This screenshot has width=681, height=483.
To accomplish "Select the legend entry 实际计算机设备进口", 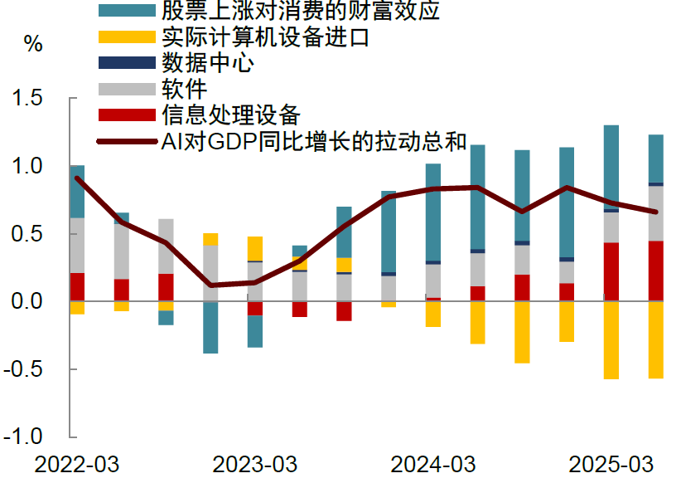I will coord(265,37).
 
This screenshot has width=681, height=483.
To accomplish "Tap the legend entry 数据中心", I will coord(208,63).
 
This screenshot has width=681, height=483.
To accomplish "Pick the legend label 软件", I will coord(185,88).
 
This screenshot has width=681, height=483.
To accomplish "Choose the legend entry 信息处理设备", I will coord(230,114).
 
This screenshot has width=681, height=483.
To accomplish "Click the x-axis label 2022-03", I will coord(77,464).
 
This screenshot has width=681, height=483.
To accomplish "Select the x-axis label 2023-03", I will coord(255,464).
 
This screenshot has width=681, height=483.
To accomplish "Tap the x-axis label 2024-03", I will coord(432,464).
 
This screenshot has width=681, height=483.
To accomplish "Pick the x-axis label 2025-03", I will coord(610,464).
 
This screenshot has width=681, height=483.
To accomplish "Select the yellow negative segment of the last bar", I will coord(655,339).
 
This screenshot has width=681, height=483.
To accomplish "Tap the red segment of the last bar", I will coord(655,271).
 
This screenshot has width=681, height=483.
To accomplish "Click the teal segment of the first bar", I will coord(77,192).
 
